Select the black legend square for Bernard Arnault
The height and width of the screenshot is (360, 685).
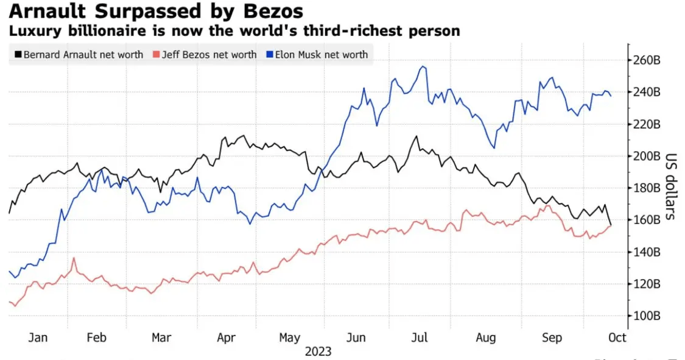point(16,54)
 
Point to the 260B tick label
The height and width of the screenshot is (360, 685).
point(647,60)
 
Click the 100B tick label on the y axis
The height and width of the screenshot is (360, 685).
point(647,316)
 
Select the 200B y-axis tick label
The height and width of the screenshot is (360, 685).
point(647,156)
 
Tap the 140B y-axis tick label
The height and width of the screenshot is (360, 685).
point(647,252)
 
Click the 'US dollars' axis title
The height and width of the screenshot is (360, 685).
point(670,186)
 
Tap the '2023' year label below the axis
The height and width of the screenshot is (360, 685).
point(318,351)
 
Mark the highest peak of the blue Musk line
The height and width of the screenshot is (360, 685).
point(421,66)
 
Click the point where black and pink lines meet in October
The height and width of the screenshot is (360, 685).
point(610,225)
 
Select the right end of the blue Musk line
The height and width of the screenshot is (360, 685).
point(611,96)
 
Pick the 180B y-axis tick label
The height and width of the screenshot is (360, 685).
point(647,188)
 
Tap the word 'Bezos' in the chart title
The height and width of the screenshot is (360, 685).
point(272,12)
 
